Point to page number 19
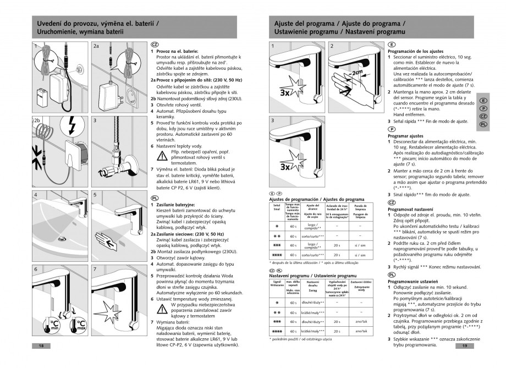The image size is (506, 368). point(465,346)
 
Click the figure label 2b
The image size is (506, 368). point(37,119)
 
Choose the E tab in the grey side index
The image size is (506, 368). point(482,101)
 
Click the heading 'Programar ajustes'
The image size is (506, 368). point(405,135)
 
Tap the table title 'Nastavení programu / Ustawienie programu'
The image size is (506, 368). point(313,275)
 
